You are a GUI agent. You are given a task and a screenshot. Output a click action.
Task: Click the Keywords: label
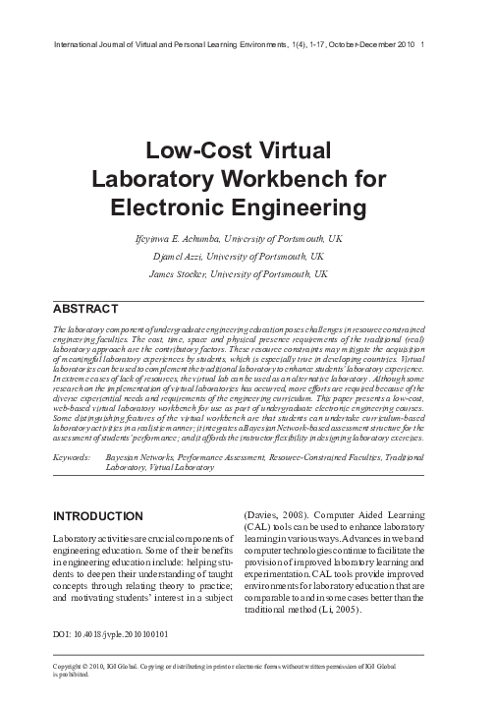[x=73, y=458]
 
